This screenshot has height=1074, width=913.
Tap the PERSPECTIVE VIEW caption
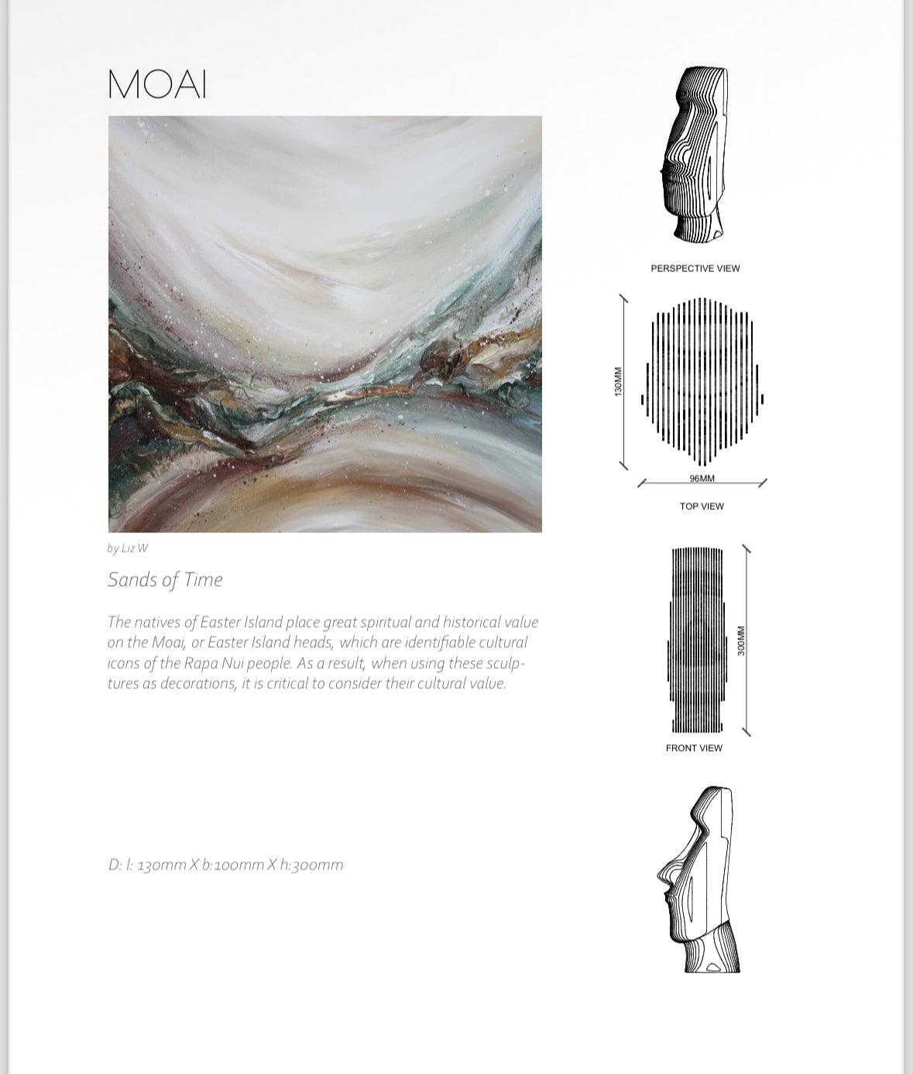(x=695, y=268)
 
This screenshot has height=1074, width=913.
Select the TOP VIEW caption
(x=702, y=506)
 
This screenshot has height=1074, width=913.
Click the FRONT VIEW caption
(x=694, y=748)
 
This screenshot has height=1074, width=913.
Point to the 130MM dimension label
(x=618, y=382)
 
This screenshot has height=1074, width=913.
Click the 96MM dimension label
(x=702, y=478)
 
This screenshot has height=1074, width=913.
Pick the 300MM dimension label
(x=741, y=641)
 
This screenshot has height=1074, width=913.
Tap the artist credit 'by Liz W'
(x=127, y=549)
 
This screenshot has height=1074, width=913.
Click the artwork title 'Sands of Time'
(x=165, y=580)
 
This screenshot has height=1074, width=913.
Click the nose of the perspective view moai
(x=664, y=170)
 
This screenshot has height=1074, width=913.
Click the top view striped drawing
(x=702, y=382)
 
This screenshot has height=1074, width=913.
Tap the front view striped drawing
(x=697, y=641)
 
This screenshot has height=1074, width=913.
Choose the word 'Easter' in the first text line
(x=221, y=622)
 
